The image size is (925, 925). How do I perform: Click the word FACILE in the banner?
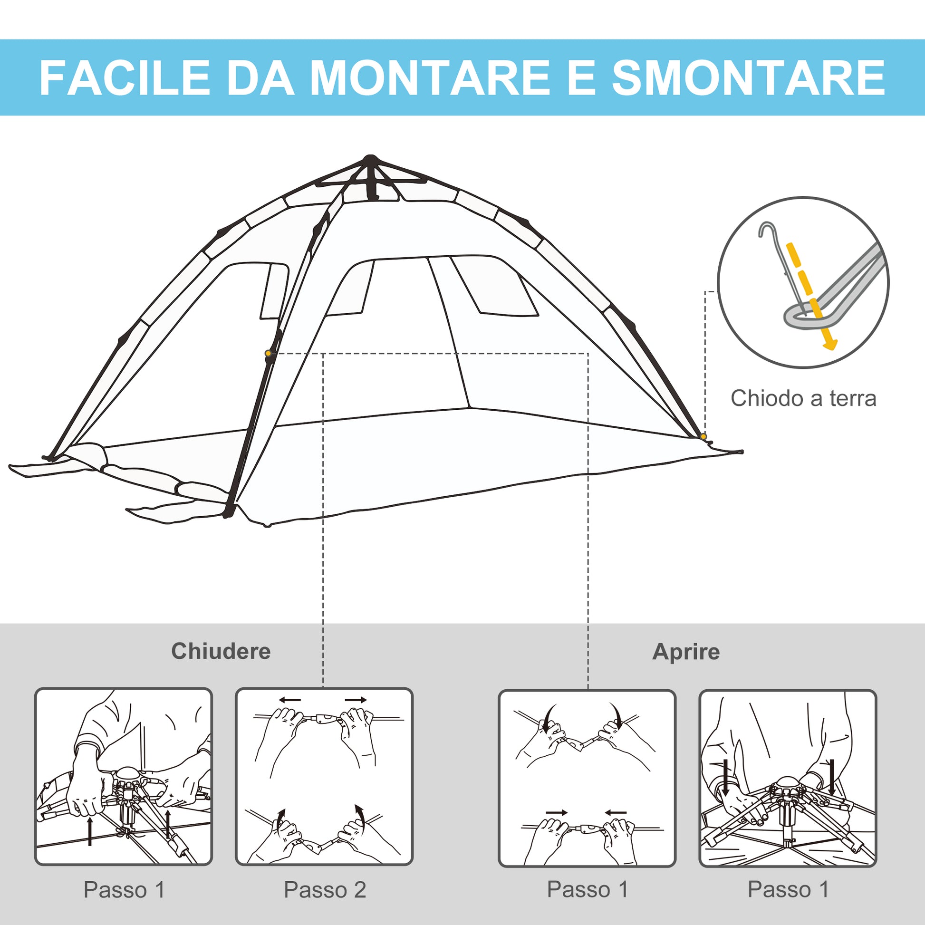[x=125, y=77]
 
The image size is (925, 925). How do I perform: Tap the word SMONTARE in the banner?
[x=748, y=77]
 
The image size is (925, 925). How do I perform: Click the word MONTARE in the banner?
[x=430, y=77]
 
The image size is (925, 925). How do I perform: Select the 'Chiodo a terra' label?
[x=803, y=398]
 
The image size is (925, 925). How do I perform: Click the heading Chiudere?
[x=221, y=651]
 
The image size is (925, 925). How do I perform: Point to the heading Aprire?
[x=685, y=652]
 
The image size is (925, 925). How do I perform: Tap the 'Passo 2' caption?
[x=325, y=889]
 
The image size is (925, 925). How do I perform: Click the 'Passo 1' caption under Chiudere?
[x=124, y=889]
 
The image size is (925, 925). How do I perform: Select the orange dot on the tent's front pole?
[x=268, y=353]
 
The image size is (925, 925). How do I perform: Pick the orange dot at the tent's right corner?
[x=703, y=436]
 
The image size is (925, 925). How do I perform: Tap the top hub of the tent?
[x=370, y=160]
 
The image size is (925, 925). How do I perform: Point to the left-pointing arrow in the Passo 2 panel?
[x=290, y=700]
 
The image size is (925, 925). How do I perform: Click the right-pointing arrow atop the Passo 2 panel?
[x=356, y=700]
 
